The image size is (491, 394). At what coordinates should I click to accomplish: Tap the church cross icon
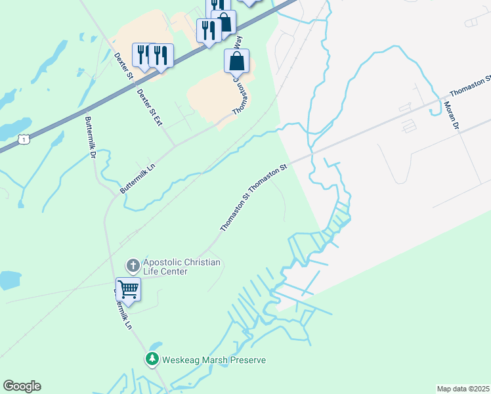133,265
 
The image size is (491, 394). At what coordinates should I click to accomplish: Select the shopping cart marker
129,288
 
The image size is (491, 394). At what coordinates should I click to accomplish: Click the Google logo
22,386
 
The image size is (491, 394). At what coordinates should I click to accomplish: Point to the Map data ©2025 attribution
463,389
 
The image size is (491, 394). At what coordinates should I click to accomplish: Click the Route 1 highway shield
24,139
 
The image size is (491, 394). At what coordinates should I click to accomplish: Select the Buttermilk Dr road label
91,137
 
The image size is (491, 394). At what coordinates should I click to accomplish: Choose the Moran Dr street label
450,115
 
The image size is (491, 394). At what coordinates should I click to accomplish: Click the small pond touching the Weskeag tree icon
156,345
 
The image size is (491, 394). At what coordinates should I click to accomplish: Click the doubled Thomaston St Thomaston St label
254,197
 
